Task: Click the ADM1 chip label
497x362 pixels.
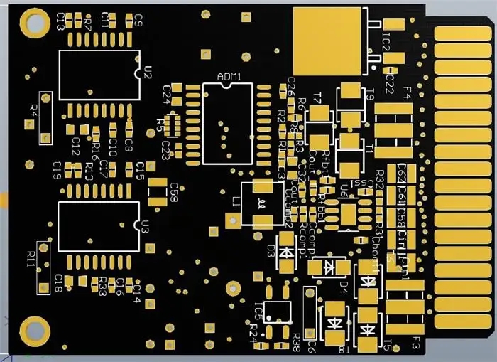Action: (229, 76)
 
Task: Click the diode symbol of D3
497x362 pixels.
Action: (286, 252)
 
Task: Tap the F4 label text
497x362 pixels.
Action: (407, 92)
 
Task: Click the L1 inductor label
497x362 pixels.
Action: (236, 202)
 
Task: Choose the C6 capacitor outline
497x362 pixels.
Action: (310, 314)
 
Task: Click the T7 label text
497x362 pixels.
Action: (317, 97)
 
